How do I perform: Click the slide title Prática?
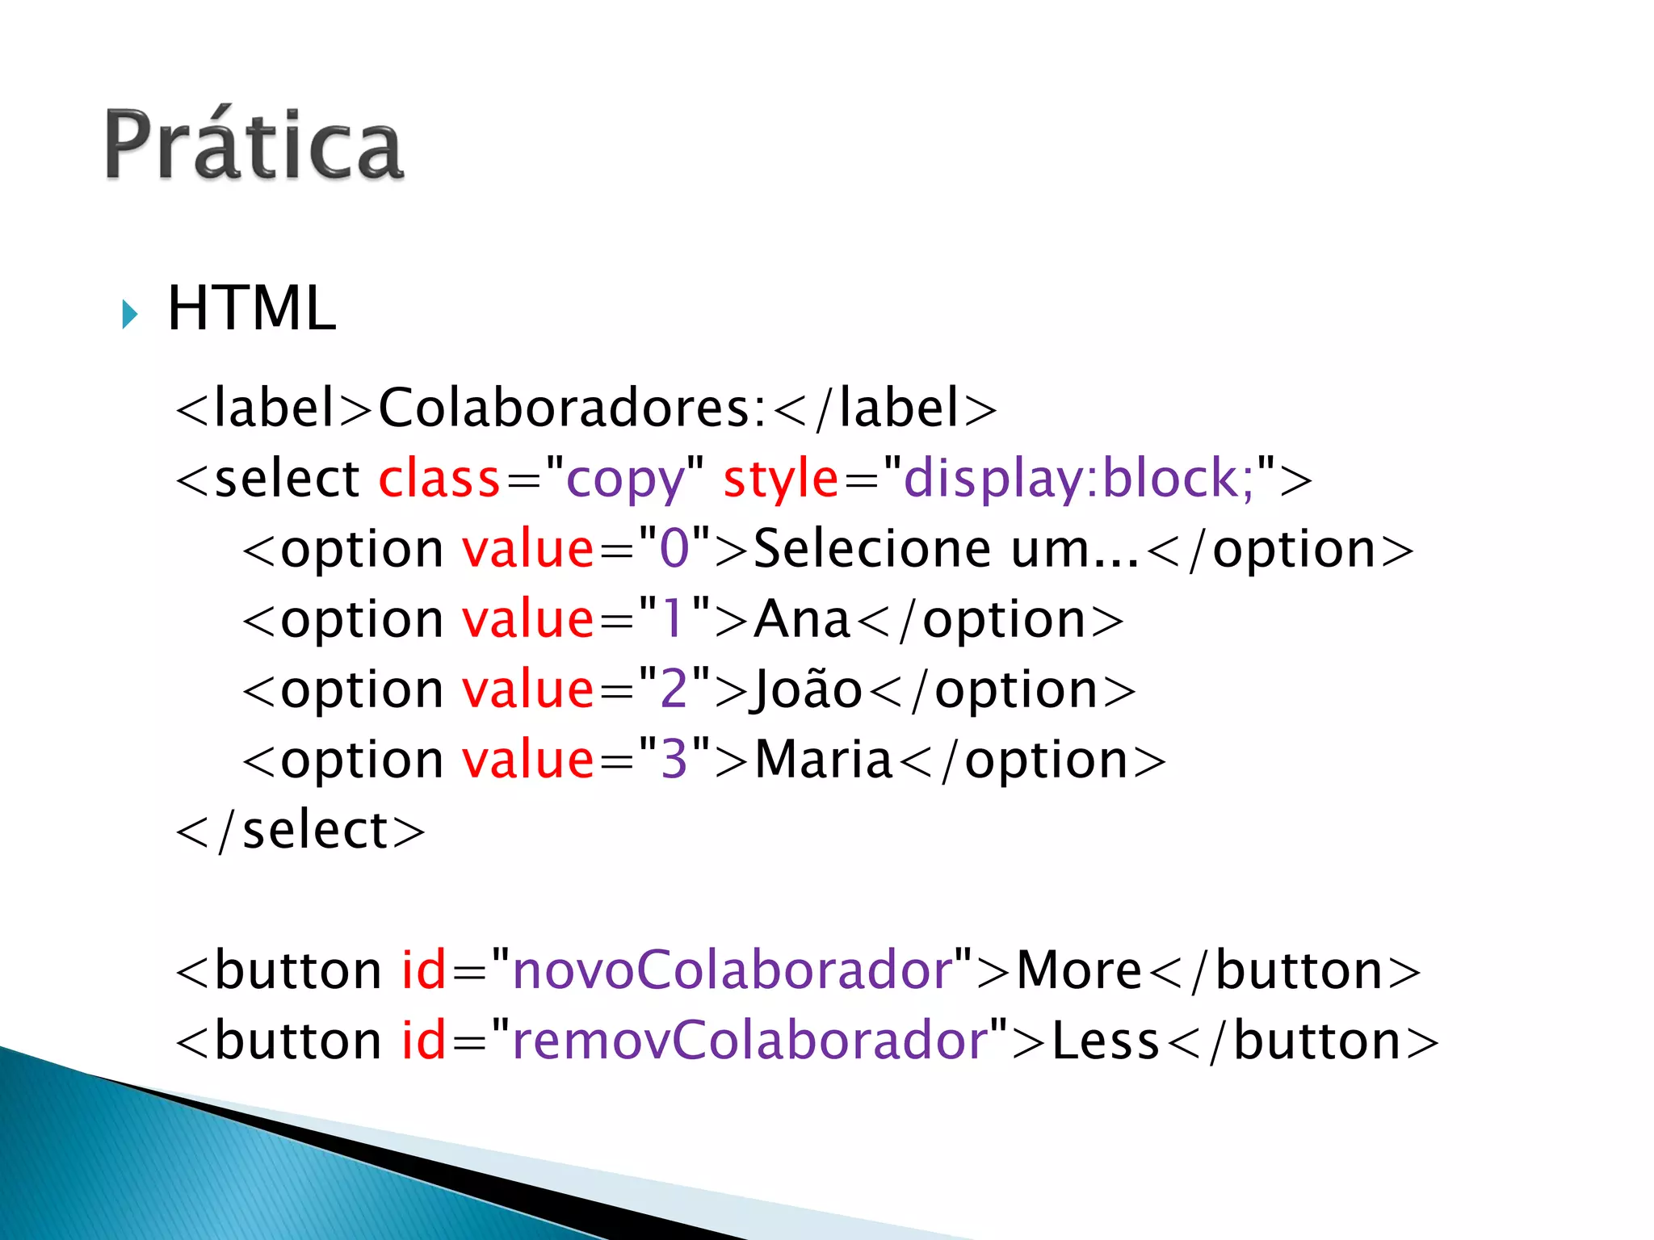point(254,145)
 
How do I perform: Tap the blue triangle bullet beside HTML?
point(129,313)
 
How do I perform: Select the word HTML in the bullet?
point(251,308)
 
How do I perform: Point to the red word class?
point(439,479)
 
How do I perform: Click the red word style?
point(781,479)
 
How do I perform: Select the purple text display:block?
point(1078,479)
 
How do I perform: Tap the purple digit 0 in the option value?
point(674,549)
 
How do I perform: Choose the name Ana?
point(802,619)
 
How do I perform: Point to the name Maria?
point(824,760)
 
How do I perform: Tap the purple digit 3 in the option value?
point(674,760)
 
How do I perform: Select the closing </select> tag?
point(300,831)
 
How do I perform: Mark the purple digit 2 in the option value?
point(674,690)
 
